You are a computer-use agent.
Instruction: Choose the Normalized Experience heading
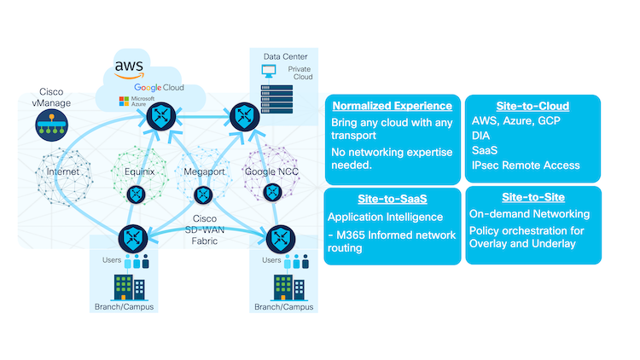(x=392, y=107)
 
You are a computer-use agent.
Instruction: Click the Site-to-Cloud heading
(x=535, y=107)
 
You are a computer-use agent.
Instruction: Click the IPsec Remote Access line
(x=525, y=165)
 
